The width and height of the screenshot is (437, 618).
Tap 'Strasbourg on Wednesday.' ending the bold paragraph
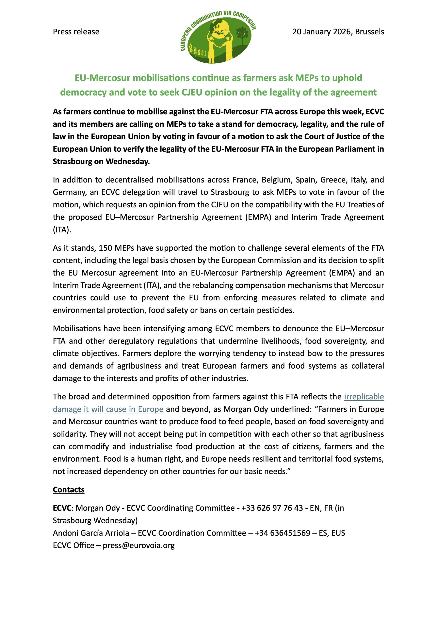pos(101,162)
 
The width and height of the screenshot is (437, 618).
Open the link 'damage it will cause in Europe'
pos(108,409)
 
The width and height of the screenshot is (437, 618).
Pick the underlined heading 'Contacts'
pos(69,490)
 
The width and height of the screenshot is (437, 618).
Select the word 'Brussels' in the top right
pos(369,32)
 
